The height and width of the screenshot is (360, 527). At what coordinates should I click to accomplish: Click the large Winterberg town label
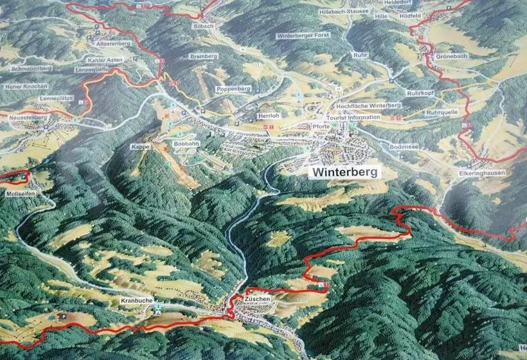tap(345, 172)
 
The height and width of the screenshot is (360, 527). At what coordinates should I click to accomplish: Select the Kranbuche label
tap(135, 301)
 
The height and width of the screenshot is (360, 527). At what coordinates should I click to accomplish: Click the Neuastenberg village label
tap(26, 119)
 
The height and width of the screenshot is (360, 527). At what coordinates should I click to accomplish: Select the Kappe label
tap(141, 147)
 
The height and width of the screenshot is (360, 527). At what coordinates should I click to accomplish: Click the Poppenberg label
tap(233, 88)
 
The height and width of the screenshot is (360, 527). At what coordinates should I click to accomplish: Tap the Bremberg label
tap(204, 57)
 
